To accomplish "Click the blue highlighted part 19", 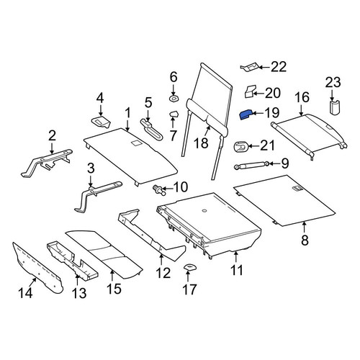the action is pos(246,114).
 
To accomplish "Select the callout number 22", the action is pos(279,67).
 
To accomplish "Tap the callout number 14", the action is pos(25,292).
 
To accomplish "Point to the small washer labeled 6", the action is pos(174,98).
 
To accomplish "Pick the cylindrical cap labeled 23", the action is pos(334,107).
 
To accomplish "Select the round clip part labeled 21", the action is pos(240,147).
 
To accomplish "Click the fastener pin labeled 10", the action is pos(159,189).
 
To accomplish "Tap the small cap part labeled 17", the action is pos(189,267).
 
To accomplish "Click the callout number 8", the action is pos(305,240).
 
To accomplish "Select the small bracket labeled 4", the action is pos(101,122).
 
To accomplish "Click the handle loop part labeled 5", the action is pos(152,130).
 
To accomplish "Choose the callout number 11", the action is pos(237,270).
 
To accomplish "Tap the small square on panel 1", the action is pos(136,143).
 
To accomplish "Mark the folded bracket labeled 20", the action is pos(250,91).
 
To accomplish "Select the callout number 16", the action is pos(302,97).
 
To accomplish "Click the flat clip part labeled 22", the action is pos(250,67).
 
